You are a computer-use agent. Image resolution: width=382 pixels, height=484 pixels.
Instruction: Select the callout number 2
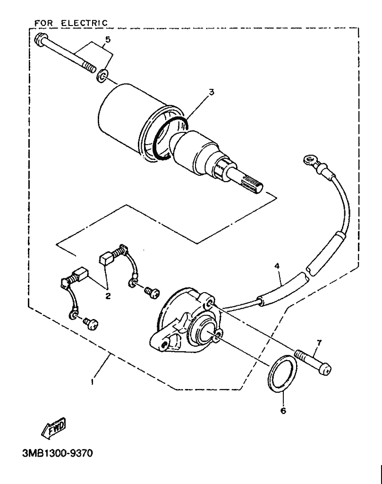108,296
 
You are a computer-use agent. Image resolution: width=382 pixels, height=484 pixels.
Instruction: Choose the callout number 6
283,411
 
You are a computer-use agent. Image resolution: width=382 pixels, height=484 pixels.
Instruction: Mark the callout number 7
319,342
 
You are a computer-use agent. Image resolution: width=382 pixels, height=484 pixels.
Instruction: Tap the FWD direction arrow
54,428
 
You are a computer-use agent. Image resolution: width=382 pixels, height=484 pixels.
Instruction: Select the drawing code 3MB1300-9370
55,455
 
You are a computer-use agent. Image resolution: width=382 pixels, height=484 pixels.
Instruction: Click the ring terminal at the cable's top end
309,161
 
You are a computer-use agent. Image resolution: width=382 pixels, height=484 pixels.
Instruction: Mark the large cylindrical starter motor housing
127,118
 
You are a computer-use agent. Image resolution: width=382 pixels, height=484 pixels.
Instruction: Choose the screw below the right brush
150,292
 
